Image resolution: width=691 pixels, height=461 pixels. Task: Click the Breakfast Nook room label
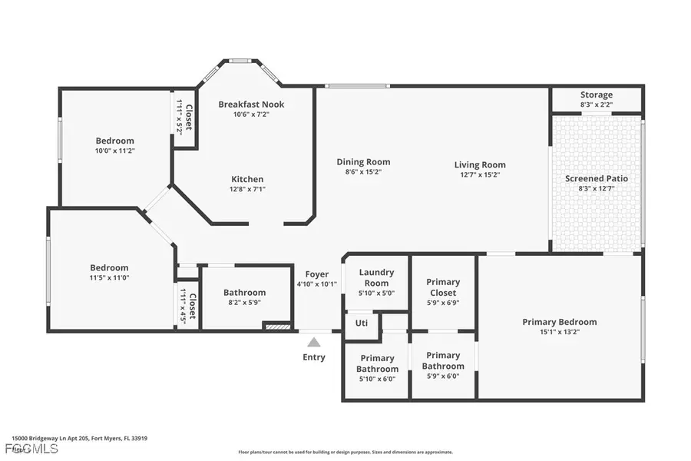click(x=251, y=104)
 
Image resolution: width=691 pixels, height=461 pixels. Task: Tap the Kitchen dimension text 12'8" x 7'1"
click(x=247, y=189)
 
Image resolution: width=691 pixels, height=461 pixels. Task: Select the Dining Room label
click(x=363, y=162)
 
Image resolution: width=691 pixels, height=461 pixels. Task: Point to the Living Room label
click(x=480, y=164)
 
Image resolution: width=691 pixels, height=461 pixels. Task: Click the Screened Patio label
click(x=597, y=178)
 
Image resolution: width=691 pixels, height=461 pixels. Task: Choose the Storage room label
click(x=597, y=95)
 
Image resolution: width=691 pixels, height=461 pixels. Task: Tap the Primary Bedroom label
click(x=560, y=322)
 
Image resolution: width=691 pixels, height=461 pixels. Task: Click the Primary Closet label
click(x=443, y=287)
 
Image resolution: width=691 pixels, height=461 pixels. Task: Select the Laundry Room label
click(x=377, y=277)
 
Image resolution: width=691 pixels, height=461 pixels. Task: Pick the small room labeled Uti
click(x=362, y=323)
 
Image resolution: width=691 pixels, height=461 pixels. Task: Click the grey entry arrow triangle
click(x=313, y=342)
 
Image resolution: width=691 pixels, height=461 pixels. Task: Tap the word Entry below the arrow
click(x=314, y=357)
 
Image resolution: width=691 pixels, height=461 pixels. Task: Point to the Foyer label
click(x=317, y=274)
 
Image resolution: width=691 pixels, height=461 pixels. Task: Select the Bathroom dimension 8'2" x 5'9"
click(x=245, y=303)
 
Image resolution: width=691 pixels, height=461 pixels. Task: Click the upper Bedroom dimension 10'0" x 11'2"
click(x=114, y=151)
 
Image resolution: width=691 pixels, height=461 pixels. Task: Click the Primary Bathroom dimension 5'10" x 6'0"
click(x=377, y=378)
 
